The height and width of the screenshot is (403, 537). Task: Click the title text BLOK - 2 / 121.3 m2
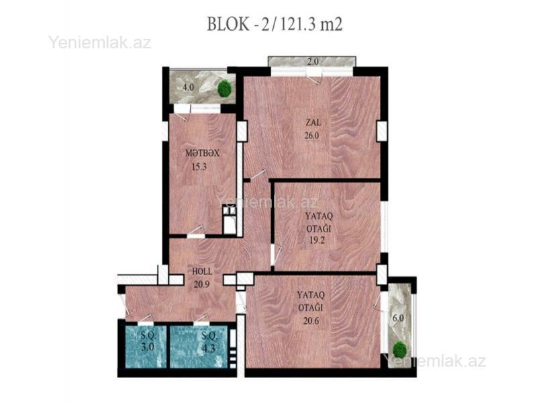tap(275, 24)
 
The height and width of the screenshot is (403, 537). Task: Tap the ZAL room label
tap(313, 122)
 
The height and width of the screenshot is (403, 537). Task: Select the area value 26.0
tap(311, 136)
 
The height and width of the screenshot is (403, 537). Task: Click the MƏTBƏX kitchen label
tap(202, 153)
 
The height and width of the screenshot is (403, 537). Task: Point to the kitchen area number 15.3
tap(199, 167)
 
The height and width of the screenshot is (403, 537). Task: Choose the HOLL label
tap(202, 271)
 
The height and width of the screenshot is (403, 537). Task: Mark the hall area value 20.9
tap(202, 284)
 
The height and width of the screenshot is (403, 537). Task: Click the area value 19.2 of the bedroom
tap(317, 240)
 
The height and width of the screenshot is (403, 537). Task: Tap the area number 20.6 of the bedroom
tap(311, 321)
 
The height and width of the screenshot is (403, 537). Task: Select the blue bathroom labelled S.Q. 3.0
tap(146, 347)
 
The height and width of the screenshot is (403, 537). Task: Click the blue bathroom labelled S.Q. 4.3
tap(199, 347)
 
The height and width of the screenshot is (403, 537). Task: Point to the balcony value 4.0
tap(188, 87)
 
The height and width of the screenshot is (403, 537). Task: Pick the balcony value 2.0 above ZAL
tap(313, 62)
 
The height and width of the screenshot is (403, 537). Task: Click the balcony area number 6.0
tap(398, 318)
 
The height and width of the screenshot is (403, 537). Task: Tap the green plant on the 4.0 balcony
tap(225, 88)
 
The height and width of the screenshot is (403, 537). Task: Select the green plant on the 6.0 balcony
tap(399, 349)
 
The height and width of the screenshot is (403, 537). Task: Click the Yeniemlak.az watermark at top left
tap(99, 43)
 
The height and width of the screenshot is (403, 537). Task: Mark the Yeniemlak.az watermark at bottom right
tap(434, 361)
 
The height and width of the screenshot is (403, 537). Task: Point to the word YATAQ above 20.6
tap(311, 295)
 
